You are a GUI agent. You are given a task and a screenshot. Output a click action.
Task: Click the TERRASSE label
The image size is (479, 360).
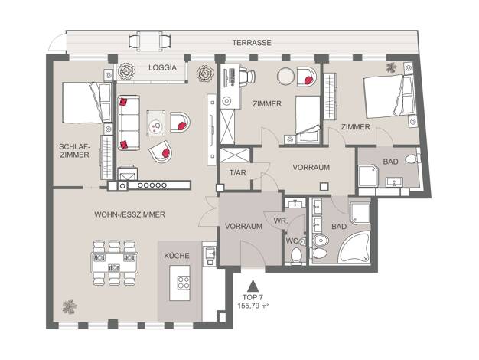point(252,43)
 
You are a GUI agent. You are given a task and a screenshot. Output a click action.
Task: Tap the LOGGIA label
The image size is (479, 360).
point(162,67)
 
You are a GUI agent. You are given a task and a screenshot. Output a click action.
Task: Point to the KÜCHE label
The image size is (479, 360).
point(177,255)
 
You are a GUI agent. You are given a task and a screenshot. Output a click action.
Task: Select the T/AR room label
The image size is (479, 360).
point(238,173)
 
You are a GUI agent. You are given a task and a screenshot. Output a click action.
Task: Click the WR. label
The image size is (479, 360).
point(280,221)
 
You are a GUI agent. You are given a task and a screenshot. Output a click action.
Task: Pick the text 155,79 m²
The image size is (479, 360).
point(253,305)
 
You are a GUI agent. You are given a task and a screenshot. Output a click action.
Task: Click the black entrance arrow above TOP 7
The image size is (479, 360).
point(253,286)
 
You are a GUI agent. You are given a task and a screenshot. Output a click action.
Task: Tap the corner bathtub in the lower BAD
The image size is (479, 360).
point(354,247)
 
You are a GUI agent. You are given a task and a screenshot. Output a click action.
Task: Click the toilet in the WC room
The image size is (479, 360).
point(296,254)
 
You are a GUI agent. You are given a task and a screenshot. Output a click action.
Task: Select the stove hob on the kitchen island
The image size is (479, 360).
point(184,283)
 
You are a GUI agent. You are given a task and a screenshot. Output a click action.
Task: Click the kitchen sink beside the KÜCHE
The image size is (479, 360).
point(210,253)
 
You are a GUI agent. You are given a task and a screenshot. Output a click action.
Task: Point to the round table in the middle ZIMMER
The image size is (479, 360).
point(285,76)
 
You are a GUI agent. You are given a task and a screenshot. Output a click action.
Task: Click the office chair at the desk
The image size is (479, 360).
point(247,75)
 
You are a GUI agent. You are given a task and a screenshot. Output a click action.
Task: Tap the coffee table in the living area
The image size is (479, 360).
point(156,123)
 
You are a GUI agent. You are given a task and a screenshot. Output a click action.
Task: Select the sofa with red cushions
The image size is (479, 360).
point(129,123)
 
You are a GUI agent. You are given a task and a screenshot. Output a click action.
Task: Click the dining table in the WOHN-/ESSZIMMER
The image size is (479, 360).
point(114,263)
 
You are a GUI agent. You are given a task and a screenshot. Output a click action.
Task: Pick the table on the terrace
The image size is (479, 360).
point(149,41)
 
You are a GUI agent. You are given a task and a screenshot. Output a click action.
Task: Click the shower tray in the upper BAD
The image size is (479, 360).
point(368,176)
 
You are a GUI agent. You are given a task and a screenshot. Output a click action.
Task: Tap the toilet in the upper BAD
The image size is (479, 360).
point(412,159)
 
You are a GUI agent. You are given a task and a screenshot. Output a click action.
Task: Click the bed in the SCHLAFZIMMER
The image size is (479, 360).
point(87,103)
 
